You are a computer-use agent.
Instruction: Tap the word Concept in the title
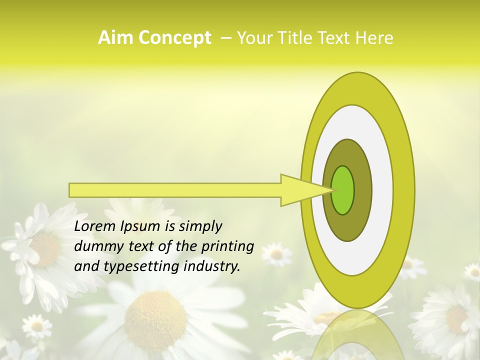[x=174, y=38]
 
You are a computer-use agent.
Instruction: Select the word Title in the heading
[x=297, y=38]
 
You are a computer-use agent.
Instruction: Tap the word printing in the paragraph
[x=227, y=247]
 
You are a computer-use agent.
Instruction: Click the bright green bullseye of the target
[x=342, y=190]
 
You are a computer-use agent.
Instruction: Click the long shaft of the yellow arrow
[x=175, y=190]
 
